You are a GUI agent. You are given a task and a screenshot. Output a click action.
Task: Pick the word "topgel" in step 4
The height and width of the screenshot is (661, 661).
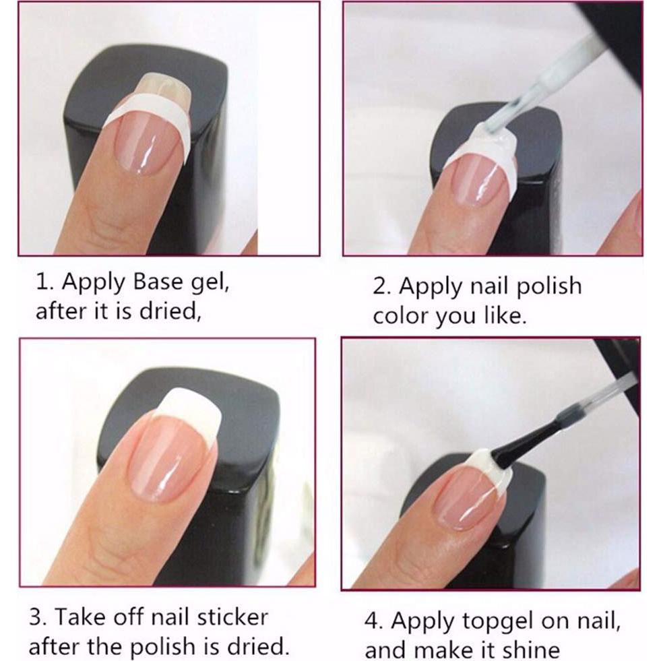pos(494,621)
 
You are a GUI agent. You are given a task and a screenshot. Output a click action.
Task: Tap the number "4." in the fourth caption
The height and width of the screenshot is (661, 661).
pos(375,620)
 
